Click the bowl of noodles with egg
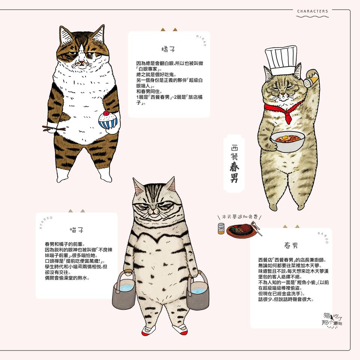click(288, 141)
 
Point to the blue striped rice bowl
click(108, 121)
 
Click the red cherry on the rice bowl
click(106, 113)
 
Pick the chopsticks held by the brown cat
click(53, 129)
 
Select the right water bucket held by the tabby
click(198, 290)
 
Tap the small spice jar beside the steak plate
click(221, 229)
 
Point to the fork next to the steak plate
click(256, 228)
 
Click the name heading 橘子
click(168, 49)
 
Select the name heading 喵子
click(76, 230)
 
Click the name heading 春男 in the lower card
click(291, 245)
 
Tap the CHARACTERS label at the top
click(312, 11)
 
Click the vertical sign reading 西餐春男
click(234, 163)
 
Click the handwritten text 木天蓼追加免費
click(240, 217)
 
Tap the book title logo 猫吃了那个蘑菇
click(332, 319)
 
